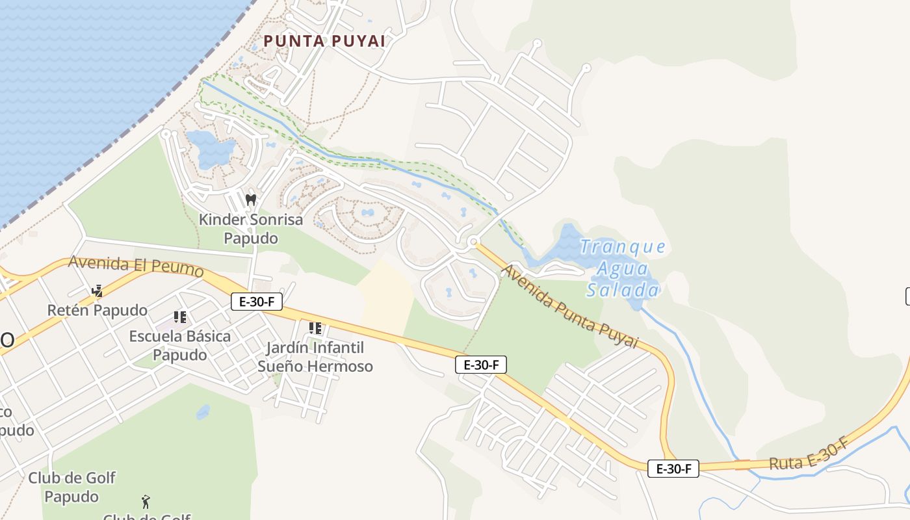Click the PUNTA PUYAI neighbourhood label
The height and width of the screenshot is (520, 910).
point(324,41)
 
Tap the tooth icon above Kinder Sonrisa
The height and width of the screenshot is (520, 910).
point(251,200)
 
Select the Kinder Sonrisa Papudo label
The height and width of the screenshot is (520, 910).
point(251,229)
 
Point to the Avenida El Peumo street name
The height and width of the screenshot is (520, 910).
point(135,265)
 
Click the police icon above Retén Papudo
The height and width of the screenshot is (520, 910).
point(97,291)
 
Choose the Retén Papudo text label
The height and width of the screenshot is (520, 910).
point(97,310)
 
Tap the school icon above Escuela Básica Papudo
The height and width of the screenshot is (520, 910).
point(180,317)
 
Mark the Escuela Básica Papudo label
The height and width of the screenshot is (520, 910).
point(180,346)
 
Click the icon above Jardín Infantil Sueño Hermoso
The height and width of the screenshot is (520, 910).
point(315,328)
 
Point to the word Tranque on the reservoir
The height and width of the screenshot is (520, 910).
point(623,247)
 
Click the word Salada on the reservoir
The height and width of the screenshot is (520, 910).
point(623,290)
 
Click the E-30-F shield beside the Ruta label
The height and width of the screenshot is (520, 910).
point(673,468)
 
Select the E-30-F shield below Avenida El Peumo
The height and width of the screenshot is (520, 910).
point(257,301)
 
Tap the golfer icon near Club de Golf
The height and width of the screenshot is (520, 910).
point(146,502)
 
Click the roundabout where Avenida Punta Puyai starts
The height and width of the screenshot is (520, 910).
point(473,242)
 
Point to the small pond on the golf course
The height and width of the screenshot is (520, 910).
point(203,411)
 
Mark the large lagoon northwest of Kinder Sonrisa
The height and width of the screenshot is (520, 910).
point(209,148)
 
